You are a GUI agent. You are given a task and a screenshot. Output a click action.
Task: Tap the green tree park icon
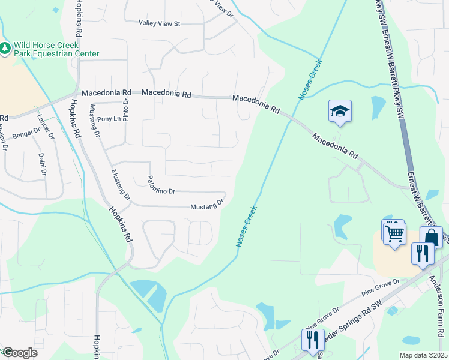click(5, 47)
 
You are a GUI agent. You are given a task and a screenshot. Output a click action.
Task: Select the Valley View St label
click(160, 23)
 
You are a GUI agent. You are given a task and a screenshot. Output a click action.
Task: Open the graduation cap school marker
click(340, 111)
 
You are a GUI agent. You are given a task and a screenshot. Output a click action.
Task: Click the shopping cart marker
click(394, 233)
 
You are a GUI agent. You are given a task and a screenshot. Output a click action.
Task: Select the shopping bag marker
click(431, 238)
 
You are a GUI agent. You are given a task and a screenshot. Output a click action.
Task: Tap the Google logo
click(20, 353)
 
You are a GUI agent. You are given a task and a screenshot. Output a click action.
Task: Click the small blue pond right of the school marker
click(378, 107)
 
